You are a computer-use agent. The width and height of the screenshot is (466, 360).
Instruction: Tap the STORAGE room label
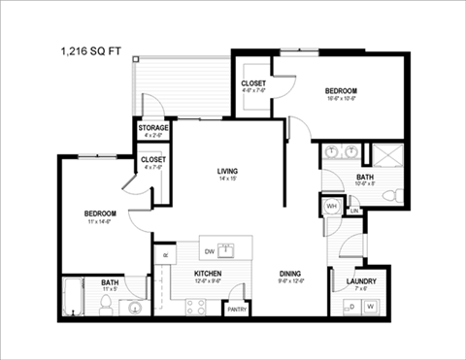click(x=153, y=128)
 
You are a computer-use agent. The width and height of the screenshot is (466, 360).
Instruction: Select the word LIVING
click(x=228, y=172)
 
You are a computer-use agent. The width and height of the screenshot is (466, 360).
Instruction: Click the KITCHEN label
click(x=208, y=274)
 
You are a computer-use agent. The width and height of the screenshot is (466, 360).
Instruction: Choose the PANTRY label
click(x=237, y=310)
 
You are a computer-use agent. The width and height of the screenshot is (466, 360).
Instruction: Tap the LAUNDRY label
click(x=360, y=281)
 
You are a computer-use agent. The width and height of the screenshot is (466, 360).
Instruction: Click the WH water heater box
click(x=331, y=207)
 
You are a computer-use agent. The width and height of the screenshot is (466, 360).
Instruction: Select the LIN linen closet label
click(x=354, y=211)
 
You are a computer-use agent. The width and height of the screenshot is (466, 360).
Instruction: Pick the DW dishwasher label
click(x=210, y=250)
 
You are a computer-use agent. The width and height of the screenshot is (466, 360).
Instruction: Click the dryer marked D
click(x=350, y=307)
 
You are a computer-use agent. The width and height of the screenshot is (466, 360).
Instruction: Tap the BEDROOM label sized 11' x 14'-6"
click(x=100, y=213)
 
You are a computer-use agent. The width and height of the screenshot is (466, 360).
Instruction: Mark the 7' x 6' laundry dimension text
click(x=360, y=289)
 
